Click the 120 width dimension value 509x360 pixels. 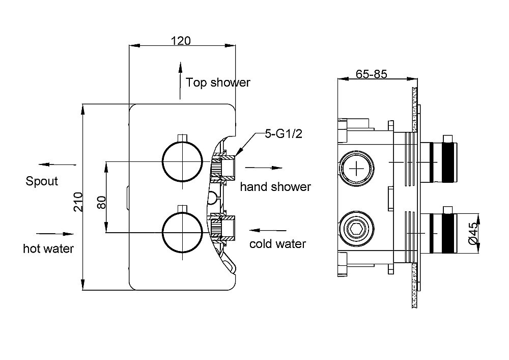click(181, 41)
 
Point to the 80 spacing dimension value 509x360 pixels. click(101, 202)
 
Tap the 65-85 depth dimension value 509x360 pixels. click(372, 74)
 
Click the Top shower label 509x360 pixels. click(218, 82)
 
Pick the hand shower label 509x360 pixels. click(275, 187)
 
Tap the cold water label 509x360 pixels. click(277, 244)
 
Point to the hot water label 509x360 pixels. click(48, 248)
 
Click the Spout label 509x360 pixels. click(42, 181)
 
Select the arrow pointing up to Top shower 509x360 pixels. click(179, 80)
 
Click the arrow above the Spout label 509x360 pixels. click(56, 164)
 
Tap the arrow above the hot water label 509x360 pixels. click(55, 233)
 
